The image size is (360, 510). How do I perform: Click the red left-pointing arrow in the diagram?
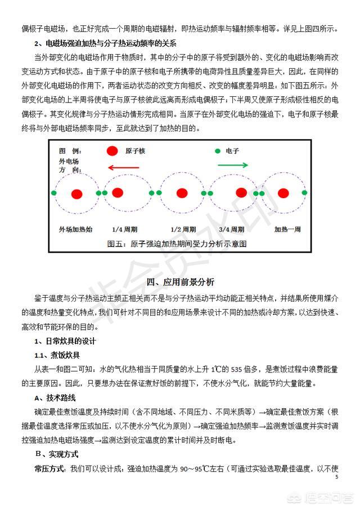(x=124, y=167)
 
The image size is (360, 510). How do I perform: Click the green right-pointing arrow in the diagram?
(x=232, y=165)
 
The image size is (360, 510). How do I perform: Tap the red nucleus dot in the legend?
(x=112, y=151)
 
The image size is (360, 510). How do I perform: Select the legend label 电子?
(x=233, y=151)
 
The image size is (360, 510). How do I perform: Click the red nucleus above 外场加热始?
(x=77, y=194)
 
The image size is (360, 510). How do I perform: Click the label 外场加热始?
(x=75, y=230)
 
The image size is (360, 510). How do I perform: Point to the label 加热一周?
(x=288, y=230)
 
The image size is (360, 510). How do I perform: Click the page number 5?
(x=336, y=477)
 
